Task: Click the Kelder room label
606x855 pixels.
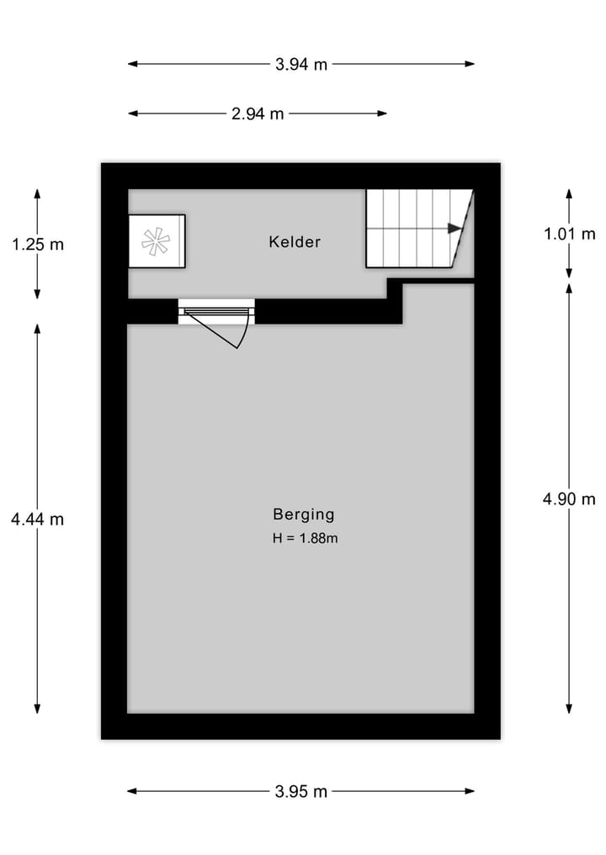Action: coord(295,242)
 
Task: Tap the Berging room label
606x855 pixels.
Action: coord(303,515)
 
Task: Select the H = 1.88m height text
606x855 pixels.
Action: coord(305,538)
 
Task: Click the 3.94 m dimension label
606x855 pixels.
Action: coord(301,64)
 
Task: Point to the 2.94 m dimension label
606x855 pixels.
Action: coord(258,114)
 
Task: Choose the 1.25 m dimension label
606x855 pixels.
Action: coord(37,245)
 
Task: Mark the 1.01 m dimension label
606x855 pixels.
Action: coord(570,235)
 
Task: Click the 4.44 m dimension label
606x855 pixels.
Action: coord(37,520)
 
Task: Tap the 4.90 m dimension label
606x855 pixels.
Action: coord(570,499)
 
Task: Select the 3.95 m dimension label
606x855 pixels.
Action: coord(301,791)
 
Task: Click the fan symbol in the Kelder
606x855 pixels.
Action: coord(156,241)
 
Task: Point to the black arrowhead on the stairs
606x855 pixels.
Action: coord(455,228)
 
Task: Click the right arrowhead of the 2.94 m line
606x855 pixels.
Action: coord(383,113)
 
